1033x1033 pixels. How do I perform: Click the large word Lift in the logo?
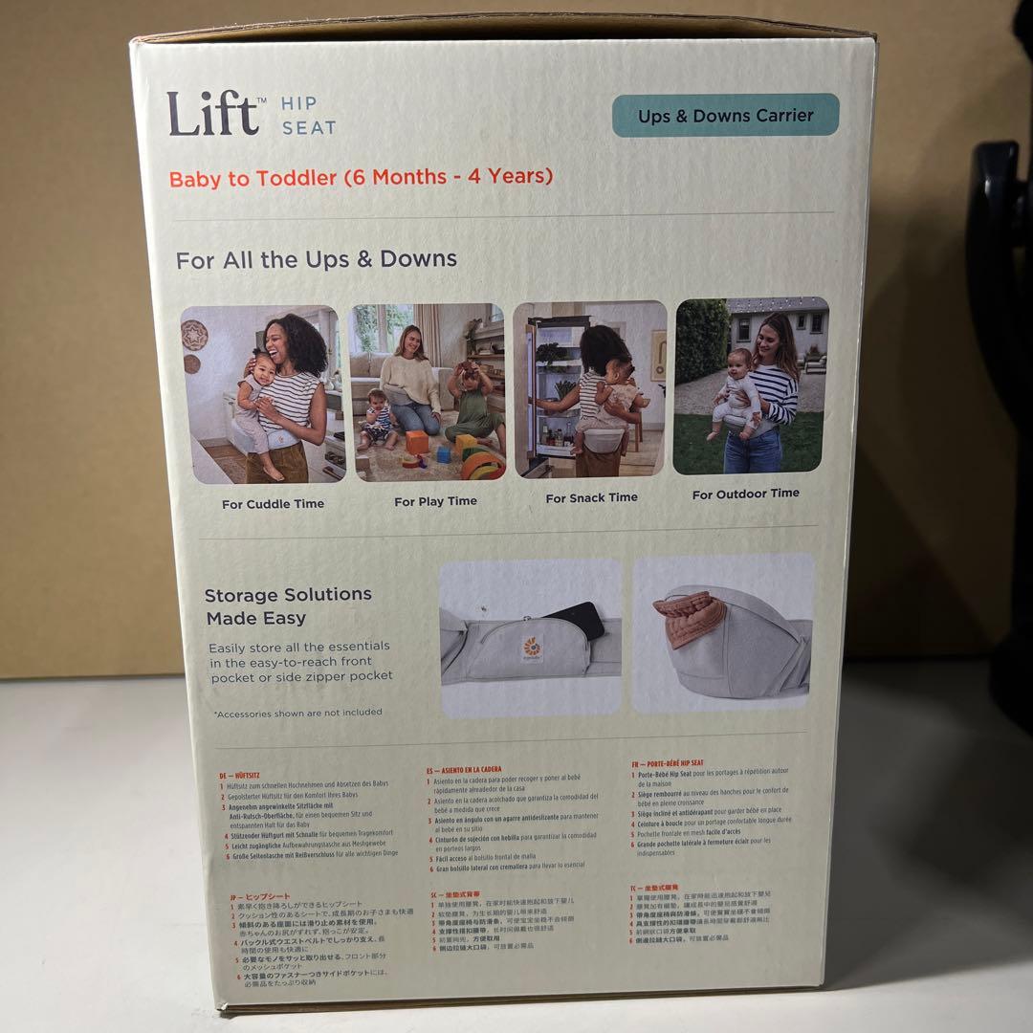[x=212, y=114]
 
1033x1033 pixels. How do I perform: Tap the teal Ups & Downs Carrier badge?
[x=725, y=116]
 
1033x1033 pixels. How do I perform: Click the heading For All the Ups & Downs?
[x=317, y=259]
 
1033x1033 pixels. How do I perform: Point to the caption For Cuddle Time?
[x=273, y=504]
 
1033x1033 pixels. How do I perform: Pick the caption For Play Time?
[x=435, y=501]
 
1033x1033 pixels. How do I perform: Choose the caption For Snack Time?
[x=591, y=497]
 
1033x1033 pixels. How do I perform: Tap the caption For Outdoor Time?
[x=745, y=494]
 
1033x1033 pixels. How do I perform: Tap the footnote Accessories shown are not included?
[x=297, y=713]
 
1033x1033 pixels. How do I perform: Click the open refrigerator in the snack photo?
[x=555, y=392]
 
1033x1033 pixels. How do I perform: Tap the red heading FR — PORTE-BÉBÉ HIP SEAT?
[x=670, y=764]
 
